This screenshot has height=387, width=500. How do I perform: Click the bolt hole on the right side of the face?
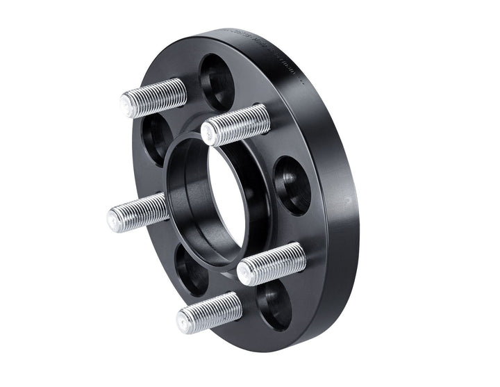(x=292, y=185)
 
